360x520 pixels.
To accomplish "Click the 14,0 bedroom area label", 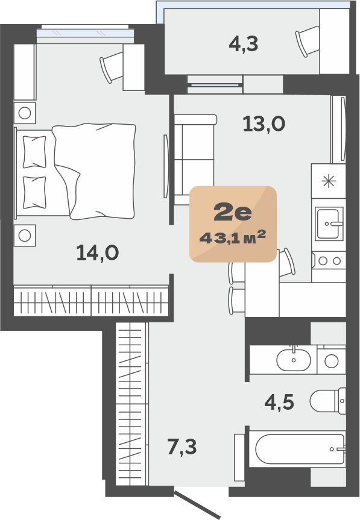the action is pyautogui.click(x=98, y=253).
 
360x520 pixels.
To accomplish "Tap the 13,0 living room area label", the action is pyautogui.click(x=264, y=124).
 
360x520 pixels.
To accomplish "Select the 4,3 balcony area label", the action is pyautogui.click(x=244, y=44).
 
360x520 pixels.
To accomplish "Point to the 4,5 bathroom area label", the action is pyautogui.click(x=279, y=403).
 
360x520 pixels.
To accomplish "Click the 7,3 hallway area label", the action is pyautogui.click(x=182, y=446).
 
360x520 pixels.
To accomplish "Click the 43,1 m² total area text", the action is pyautogui.click(x=233, y=237).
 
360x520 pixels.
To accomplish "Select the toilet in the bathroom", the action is pyautogui.click(x=328, y=401).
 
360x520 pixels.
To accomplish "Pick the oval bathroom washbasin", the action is pyautogui.click(x=294, y=360).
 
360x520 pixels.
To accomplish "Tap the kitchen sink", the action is pyautogui.click(x=328, y=224).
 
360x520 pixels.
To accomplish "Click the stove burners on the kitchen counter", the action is pyautogui.click(x=329, y=261).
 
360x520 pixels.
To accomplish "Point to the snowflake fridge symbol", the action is pyautogui.click(x=329, y=181).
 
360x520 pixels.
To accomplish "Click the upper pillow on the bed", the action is pyautogui.click(x=34, y=152).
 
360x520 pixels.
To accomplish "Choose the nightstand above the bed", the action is pyautogui.click(x=25, y=113).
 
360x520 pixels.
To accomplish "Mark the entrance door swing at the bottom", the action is pyautogui.click(x=197, y=504).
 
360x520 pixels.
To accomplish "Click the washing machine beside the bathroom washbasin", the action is pyautogui.click(x=331, y=360).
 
